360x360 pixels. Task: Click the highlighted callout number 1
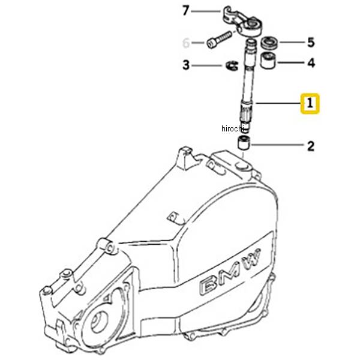click(x=310, y=104)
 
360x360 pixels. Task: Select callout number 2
click(x=310, y=145)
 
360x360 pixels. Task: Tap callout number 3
click(x=186, y=65)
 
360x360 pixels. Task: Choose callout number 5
click(x=311, y=42)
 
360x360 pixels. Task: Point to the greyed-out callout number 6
click(x=186, y=43)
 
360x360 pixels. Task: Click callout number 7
click(x=186, y=11)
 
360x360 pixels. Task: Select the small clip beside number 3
click(x=231, y=65)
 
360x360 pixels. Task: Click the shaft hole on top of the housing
click(x=242, y=163)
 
